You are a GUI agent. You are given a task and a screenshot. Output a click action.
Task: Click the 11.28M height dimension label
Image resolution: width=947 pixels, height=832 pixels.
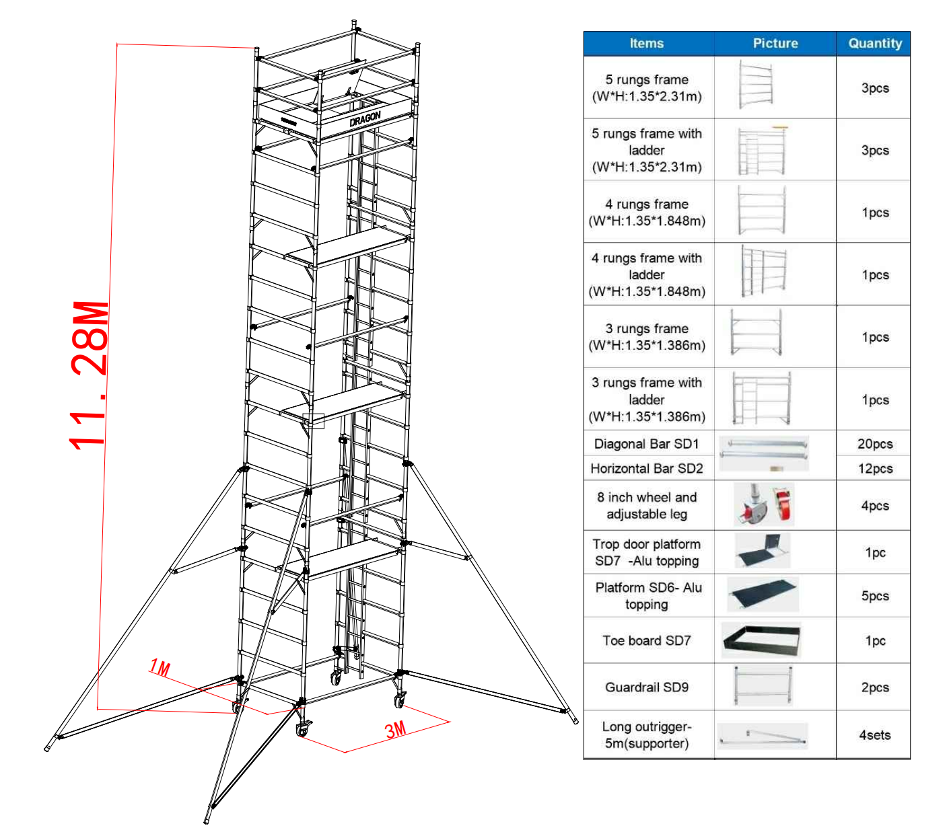[90, 375]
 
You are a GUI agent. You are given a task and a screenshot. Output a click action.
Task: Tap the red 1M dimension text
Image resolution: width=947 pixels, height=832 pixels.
[160, 668]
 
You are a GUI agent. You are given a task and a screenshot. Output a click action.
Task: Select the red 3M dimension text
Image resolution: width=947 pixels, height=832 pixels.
[396, 730]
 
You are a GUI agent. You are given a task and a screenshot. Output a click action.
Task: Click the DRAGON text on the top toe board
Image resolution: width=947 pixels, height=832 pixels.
[365, 119]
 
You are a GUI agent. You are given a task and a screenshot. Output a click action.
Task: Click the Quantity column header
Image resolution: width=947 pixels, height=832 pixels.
[874, 44]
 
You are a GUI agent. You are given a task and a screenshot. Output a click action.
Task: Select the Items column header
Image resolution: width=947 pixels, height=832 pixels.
[646, 44]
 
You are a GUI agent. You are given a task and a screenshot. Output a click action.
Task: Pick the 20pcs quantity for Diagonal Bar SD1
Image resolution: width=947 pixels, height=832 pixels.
[874, 444]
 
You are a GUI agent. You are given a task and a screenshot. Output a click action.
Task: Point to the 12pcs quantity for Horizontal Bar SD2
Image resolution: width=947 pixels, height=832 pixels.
[874, 468]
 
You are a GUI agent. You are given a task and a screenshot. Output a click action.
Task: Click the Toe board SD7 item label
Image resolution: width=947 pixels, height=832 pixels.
[646, 640]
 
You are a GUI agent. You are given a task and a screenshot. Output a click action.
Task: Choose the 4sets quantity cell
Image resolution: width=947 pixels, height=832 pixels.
[874, 735]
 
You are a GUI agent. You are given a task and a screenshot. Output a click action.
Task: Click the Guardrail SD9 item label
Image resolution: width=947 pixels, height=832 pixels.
[646, 687]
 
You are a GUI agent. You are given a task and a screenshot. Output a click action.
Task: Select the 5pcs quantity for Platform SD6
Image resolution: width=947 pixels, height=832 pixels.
[874, 596]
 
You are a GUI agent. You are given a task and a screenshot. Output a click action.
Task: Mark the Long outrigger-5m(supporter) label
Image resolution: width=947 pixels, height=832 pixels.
[646, 735]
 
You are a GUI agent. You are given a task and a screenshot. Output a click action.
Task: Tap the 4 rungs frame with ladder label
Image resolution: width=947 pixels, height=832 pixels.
[646, 274]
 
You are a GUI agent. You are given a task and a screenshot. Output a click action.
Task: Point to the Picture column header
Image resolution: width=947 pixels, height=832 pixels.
[775, 44]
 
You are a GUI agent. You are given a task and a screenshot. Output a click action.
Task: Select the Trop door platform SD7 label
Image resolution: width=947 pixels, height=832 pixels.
[646, 552]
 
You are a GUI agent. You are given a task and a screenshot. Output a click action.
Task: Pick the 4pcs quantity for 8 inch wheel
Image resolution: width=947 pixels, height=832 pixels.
[874, 506]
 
